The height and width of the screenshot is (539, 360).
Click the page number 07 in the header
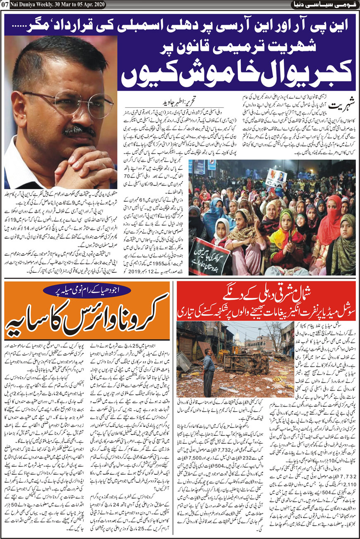coord(5,5)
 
